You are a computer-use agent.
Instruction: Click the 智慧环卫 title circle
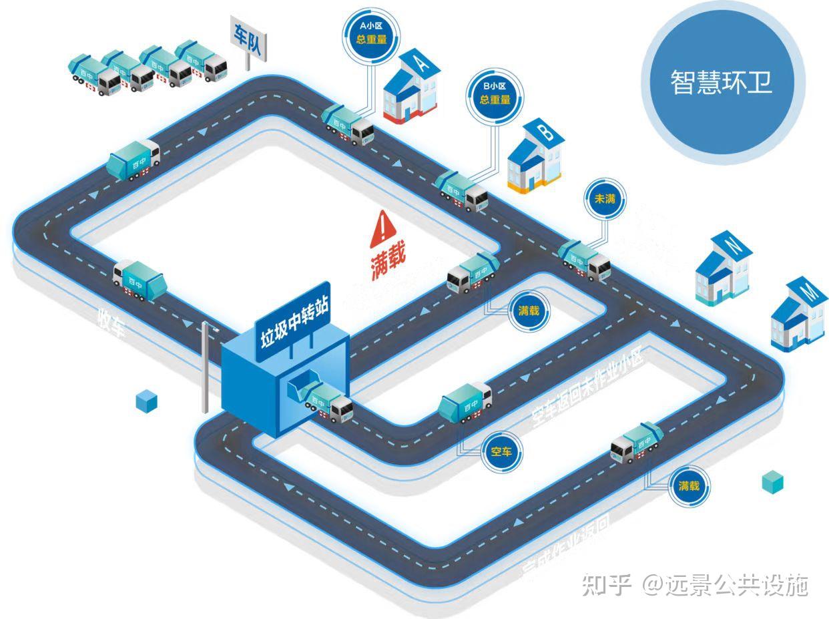click(722, 81)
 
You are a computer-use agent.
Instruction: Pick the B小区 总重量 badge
click(495, 94)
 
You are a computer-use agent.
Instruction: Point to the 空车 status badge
click(501, 452)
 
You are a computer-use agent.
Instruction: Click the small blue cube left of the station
click(146, 401)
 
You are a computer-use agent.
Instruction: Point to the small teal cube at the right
click(772, 481)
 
